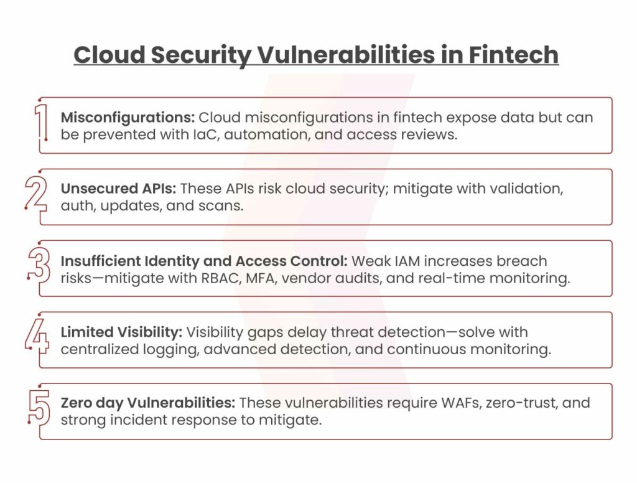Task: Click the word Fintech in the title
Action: coord(513,55)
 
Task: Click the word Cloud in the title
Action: coord(109,55)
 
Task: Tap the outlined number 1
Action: coord(42,122)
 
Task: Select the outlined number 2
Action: coord(35,193)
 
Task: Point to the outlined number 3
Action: coord(39,265)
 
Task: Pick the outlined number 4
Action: coord(37,336)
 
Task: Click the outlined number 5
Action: coord(39,407)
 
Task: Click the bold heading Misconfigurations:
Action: coord(128,118)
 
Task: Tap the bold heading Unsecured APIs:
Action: coord(119,189)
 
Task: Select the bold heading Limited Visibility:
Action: coord(122,332)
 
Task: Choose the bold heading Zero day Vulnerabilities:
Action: coord(148,403)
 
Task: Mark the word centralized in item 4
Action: coord(100,349)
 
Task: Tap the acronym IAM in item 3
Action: coord(407,261)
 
